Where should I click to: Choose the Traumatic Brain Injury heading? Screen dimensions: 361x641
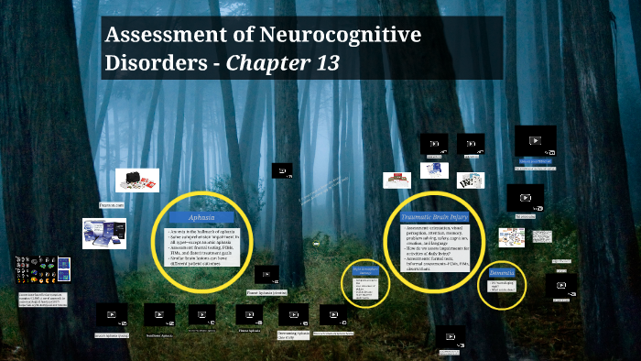(440, 215)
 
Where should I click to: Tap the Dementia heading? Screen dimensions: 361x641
(501, 273)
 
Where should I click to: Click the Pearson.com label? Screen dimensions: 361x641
(112, 206)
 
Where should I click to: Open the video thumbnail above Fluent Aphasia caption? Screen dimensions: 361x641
(266, 274)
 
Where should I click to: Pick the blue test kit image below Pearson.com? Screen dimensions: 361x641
(103, 235)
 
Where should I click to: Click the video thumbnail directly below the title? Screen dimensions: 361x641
(282, 170)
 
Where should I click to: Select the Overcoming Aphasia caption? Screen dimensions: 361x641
(290, 335)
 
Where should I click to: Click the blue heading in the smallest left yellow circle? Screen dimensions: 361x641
(365, 270)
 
